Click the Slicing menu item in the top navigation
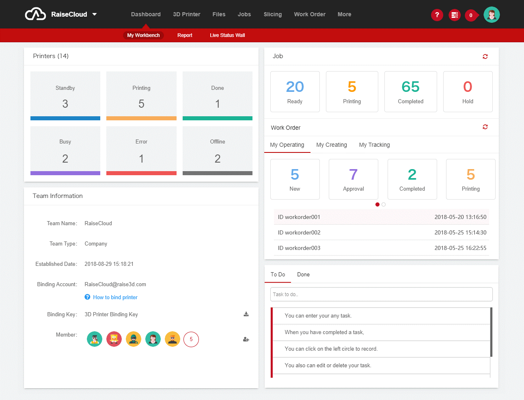(x=273, y=14)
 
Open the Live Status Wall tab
(x=227, y=35)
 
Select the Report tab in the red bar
(x=185, y=35)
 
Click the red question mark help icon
(x=437, y=15)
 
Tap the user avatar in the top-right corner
(x=492, y=15)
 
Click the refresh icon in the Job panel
(x=485, y=57)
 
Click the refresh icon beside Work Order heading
(x=485, y=127)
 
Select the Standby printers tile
(x=65, y=96)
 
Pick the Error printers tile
(x=141, y=151)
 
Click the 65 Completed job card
(x=411, y=91)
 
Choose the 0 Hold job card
(x=468, y=91)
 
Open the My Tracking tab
(x=374, y=145)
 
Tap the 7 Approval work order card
(x=353, y=179)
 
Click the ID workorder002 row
(x=382, y=233)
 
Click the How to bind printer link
(x=115, y=297)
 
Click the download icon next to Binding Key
(x=246, y=314)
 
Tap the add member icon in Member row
(x=246, y=339)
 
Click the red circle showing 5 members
(x=191, y=339)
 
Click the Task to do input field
(x=381, y=294)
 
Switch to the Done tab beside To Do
(x=303, y=274)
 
